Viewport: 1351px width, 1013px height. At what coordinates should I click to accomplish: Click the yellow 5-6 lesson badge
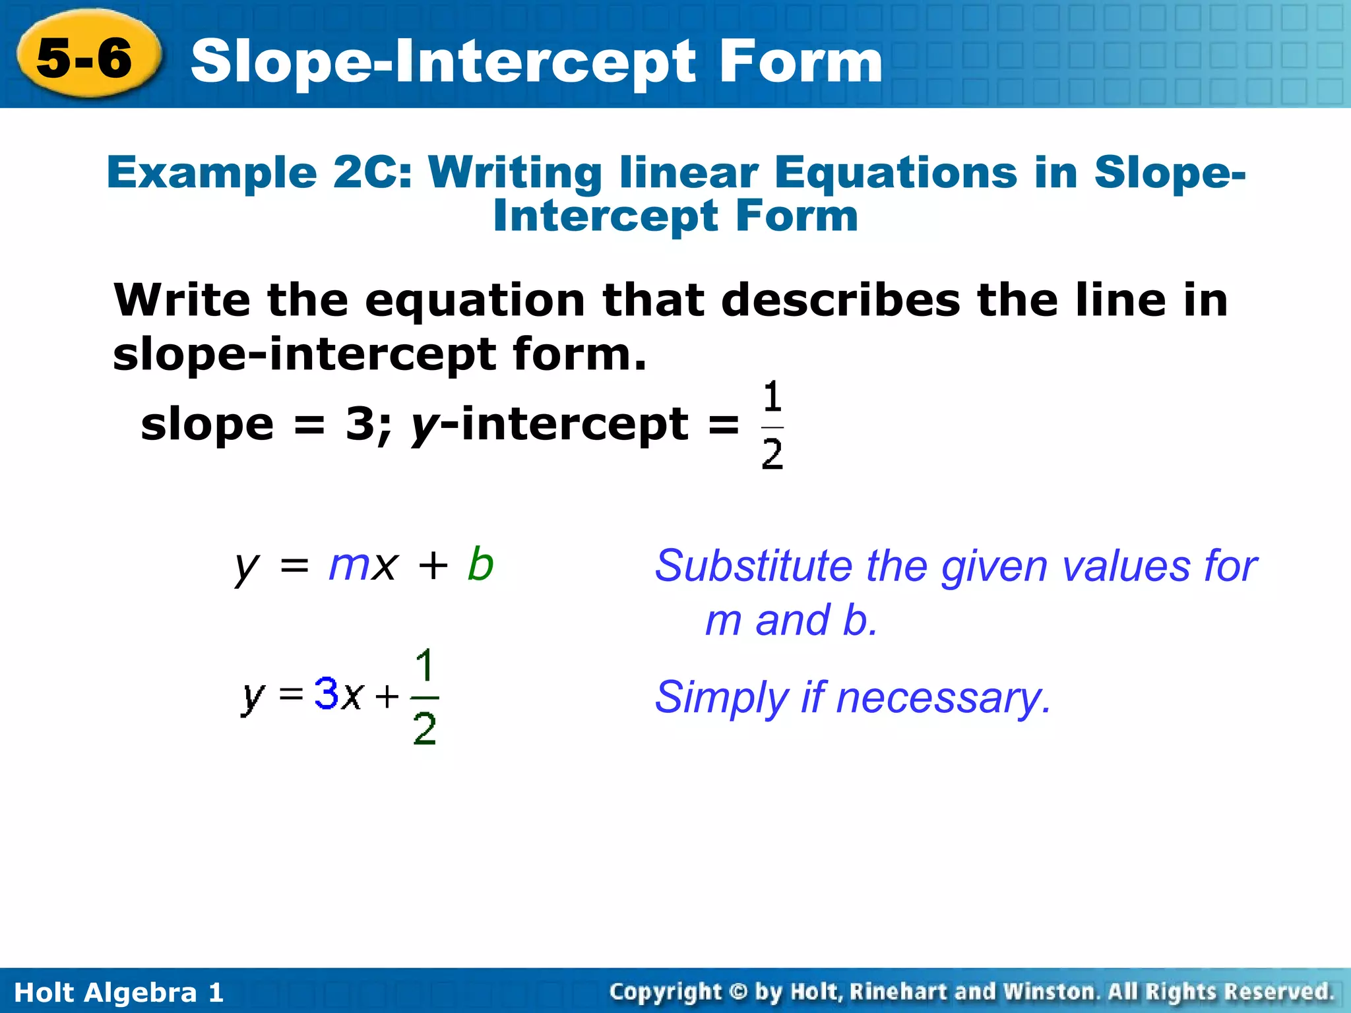pos(86,57)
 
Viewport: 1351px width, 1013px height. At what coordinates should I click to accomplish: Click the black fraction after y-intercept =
pos(772,426)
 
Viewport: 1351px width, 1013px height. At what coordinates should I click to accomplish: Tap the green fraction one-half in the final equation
pos(425,696)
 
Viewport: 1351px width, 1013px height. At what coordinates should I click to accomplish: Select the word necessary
pos(943,698)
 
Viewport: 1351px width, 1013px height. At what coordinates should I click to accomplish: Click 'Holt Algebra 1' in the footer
pos(119,993)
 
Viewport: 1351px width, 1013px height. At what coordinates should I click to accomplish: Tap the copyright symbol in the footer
pos(739,992)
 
